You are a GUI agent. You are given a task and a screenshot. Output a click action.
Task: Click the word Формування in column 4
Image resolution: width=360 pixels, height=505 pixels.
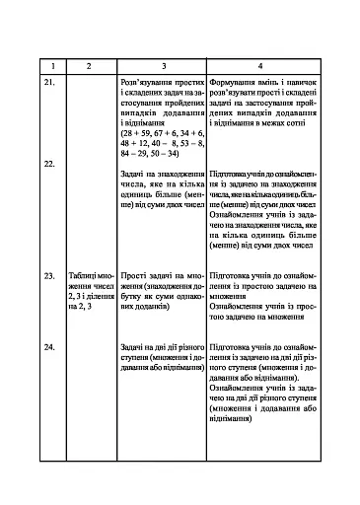[x=234, y=86]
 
